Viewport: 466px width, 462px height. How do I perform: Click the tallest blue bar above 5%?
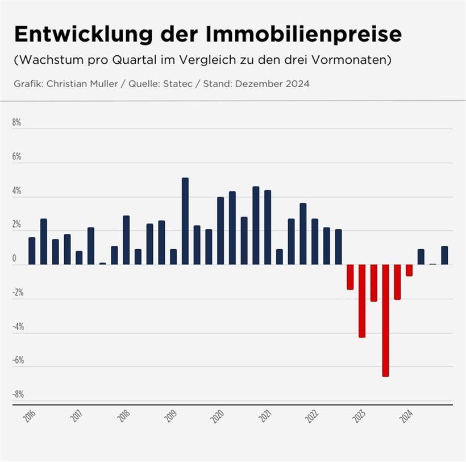click(x=185, y=221)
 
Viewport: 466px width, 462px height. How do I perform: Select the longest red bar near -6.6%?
click(x=385, y=320)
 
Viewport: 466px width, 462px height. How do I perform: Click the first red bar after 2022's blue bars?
click(x=350, y=277)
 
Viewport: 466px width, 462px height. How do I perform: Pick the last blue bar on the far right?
click(x=444, y=255)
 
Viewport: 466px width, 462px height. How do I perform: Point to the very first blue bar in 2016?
click(x=32, y=251)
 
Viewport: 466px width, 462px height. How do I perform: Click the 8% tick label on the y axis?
click(x=17, y=122)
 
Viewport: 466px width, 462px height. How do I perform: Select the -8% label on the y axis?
click(x=18, y=394)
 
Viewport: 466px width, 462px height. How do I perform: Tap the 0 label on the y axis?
click(x=15, y=258)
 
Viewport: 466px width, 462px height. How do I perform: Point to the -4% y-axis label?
click(x=18, y=326)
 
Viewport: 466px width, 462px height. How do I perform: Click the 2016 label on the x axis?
click(x=29, y=417)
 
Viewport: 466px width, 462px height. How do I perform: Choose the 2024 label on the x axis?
click(x=406, y=417)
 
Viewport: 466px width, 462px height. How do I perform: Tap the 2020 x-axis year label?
click(x=217, y=417)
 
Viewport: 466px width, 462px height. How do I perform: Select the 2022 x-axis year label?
click(x=311, y=417)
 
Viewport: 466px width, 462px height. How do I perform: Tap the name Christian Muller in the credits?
click(x=82, y=84)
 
